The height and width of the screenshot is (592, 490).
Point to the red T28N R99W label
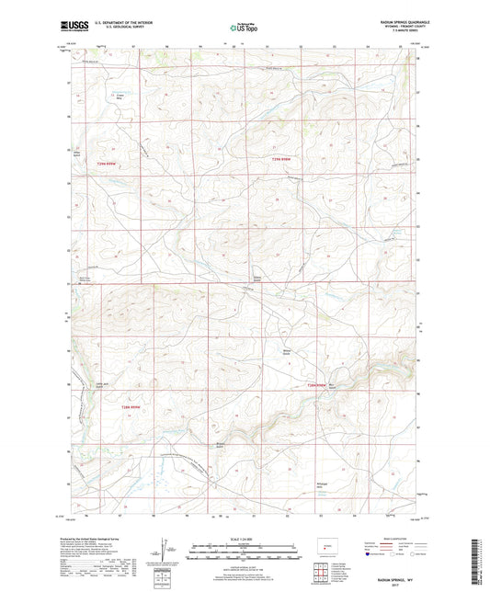(x=133, y=405)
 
